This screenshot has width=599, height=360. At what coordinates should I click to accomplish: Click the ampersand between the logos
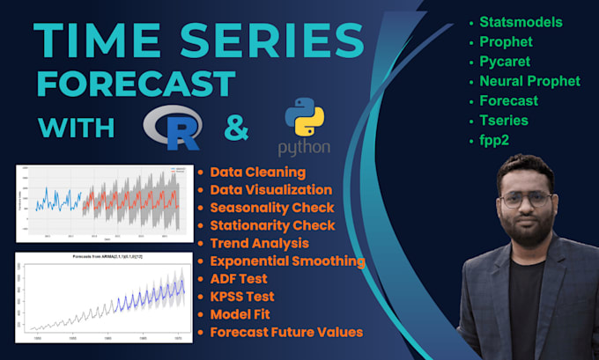(236, 128)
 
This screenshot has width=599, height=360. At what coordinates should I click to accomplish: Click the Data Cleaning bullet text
(258, 172)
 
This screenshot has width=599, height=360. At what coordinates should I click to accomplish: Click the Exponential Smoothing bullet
(287, 261)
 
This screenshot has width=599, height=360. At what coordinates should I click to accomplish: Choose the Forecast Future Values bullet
(287, 331)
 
